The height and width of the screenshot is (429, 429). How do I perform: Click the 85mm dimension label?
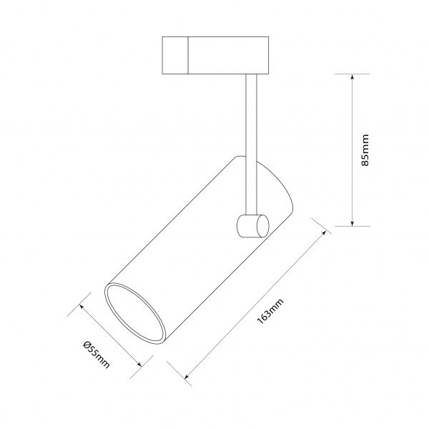(365, 150)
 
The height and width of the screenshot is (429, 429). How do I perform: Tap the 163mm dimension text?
(270, 311)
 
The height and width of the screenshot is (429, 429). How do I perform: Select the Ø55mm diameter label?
(97, 354)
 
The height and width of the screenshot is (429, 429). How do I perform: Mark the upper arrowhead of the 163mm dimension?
(324, 233)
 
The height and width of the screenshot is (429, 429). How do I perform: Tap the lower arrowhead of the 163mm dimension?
(187, 376)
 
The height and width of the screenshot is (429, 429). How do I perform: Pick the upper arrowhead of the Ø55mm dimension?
(82, 306)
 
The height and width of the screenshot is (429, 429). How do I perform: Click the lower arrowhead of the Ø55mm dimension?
(140, 364)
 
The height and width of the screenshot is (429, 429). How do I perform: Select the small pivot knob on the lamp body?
(253, 226)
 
